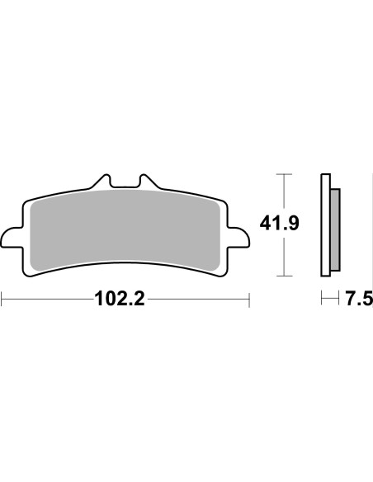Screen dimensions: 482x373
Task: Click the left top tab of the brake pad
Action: (x=103, y=181)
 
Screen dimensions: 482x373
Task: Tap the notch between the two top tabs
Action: (x=125, y=186)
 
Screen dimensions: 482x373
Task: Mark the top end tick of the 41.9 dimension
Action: (x=284, y=176)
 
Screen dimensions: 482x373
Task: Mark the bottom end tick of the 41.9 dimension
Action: (x=284, y=274)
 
